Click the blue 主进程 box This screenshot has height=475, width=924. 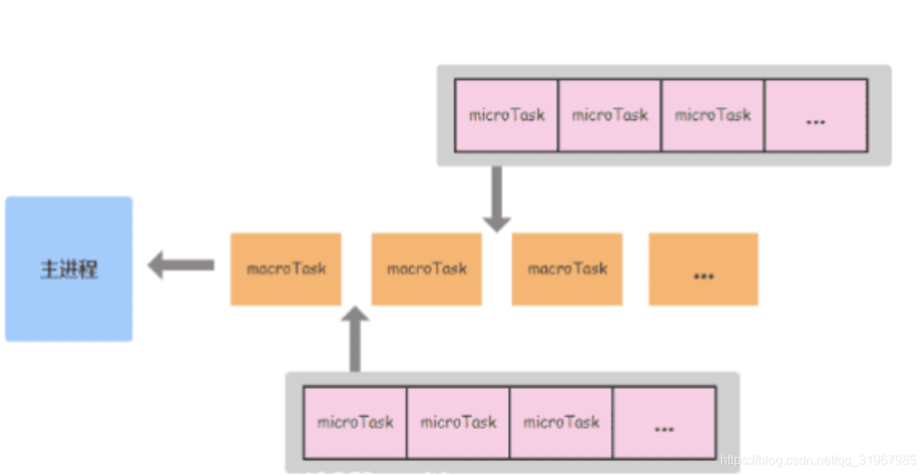pyautogui.click(x=69, y=269)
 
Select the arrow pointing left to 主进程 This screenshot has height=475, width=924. pyautogui.click(x=180, y=265)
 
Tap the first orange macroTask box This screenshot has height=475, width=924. pyautogui.click(x=286, y=269)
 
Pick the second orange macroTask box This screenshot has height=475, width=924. pyautogui.click(x=427, y=269)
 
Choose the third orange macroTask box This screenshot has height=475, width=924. pyautogui.click(x=567, y=269)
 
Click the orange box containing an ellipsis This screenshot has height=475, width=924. pyautogui.click(x=703, y=269)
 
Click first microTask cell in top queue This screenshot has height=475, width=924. pyautogui.click(x=506, y=116)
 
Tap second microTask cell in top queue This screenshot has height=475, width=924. pyautogui.click(x=610, y=116)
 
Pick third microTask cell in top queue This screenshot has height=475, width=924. pyautogui.click(x=712, y=116)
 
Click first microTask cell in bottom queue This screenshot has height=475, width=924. pyautogui.click(x=355, y=423)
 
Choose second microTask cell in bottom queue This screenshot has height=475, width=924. pyautogui.click(x=458, y=423)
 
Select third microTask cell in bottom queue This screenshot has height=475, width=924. pyautogui.click(x=561, y=423)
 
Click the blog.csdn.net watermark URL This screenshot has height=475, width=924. pyautogui.click(x=818, y=461)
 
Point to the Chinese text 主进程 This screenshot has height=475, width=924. pyautogui.click(x=69, y=270)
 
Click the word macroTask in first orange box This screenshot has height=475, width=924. pyautogui.click(x=286, y=269)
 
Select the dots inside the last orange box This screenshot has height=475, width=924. pyautogui.click(x=703, y=275)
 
